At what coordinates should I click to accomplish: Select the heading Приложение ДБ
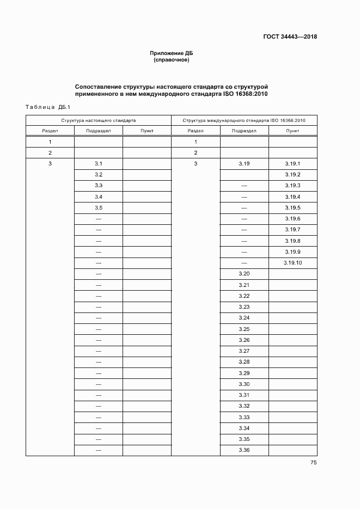(172, 53)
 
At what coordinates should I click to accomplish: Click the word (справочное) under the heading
(172, 60)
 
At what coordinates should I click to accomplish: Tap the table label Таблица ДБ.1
(45, 107)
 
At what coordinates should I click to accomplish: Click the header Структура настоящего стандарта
(99, 120)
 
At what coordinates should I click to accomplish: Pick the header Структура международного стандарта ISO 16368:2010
(244, 120)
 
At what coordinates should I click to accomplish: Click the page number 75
(313, 463)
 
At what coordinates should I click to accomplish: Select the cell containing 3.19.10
(292, 263)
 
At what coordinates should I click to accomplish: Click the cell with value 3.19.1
(292, 164)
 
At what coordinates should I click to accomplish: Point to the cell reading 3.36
(244, 450)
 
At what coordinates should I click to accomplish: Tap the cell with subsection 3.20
(244, 274)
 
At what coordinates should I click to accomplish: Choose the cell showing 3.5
(99, 208)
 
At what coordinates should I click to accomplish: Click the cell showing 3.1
(99, 164)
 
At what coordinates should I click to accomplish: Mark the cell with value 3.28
(244, 362)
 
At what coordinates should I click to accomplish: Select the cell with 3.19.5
(292, 208)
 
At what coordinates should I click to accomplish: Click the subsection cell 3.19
(244, 164)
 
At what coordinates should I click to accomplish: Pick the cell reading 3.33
(244, 417)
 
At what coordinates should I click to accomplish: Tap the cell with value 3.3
(99, 186)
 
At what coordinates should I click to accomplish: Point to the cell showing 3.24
(244, 318)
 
